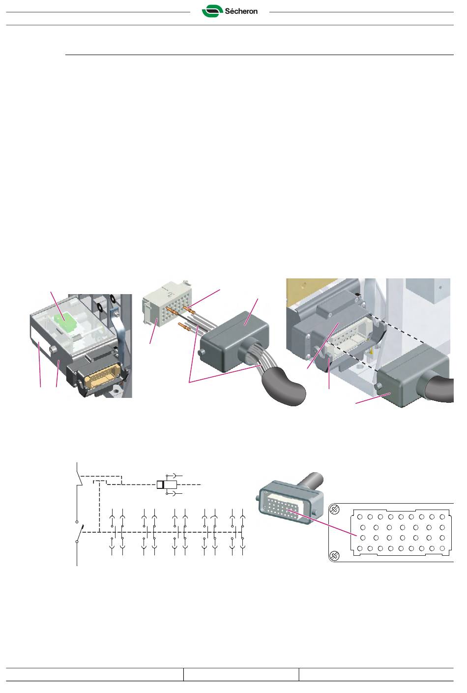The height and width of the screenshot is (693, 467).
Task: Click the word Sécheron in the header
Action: [x=241, y=11]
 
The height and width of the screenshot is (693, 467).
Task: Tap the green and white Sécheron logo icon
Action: [x=212, y=11]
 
